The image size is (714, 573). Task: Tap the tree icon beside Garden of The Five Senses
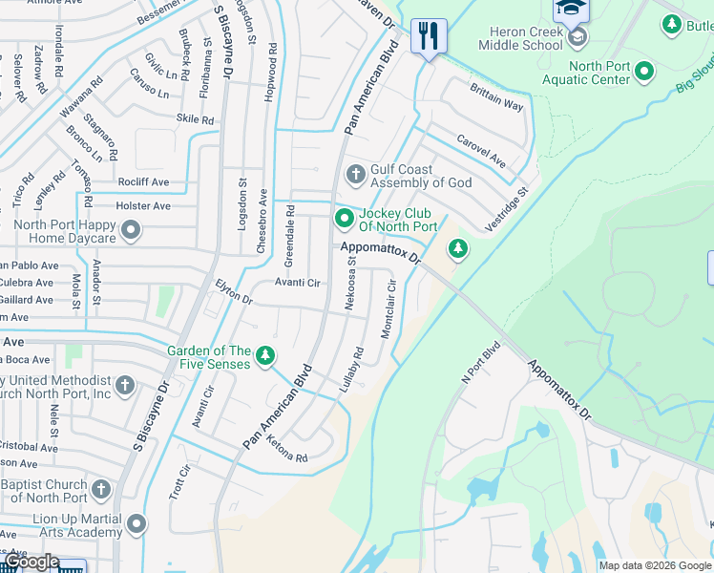[265, 357]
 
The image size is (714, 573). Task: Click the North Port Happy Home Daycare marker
[132, 231]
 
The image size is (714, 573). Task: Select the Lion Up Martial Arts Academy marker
[136, 523]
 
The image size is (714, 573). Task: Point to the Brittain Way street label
[496, 96]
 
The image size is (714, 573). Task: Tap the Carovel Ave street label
[480, 150]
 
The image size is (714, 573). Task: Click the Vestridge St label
[507, 208]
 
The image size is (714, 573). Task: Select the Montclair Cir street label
[389, 308]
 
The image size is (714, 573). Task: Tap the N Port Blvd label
[481, 364]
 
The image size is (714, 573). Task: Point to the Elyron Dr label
[234, 292]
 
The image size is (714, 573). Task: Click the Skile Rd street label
[195, 119]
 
